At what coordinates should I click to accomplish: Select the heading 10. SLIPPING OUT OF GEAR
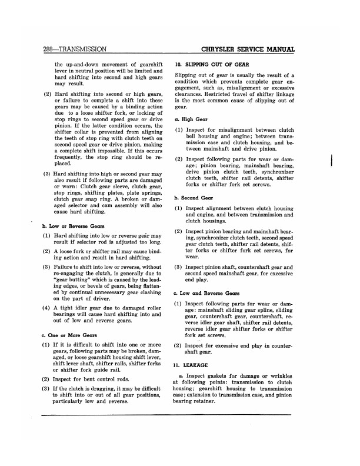coord(212,64)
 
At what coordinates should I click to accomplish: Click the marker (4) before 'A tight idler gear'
coord(46,308)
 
